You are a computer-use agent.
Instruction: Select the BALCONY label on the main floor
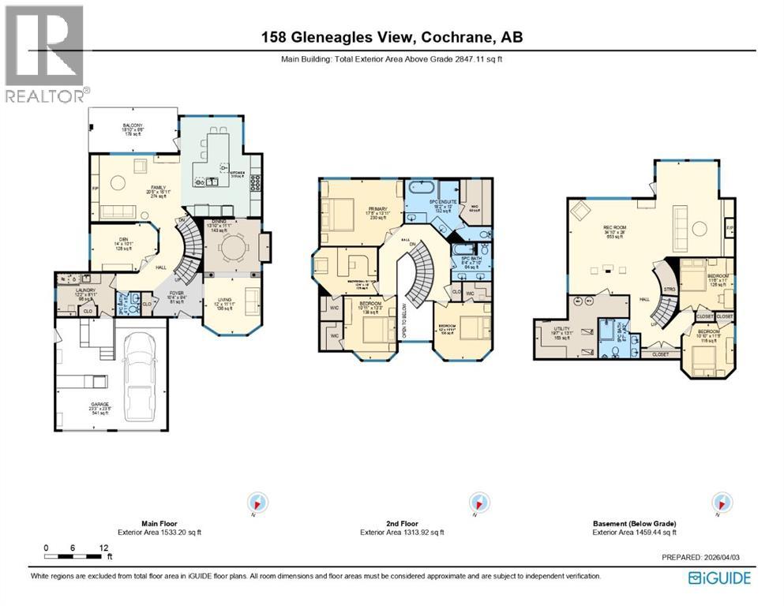point(133,126)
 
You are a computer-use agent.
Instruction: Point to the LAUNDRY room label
point(85,291)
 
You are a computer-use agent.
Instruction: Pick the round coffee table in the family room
point(117,183)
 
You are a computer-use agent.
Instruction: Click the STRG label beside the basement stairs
point(671,290)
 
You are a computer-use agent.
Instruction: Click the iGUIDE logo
point(719,578)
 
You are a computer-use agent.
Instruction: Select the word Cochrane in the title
point(456,37)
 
